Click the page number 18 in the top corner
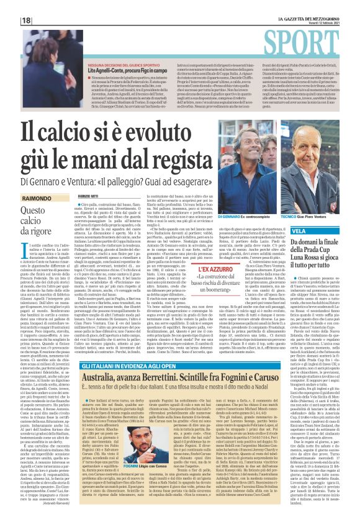pos(27,20)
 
